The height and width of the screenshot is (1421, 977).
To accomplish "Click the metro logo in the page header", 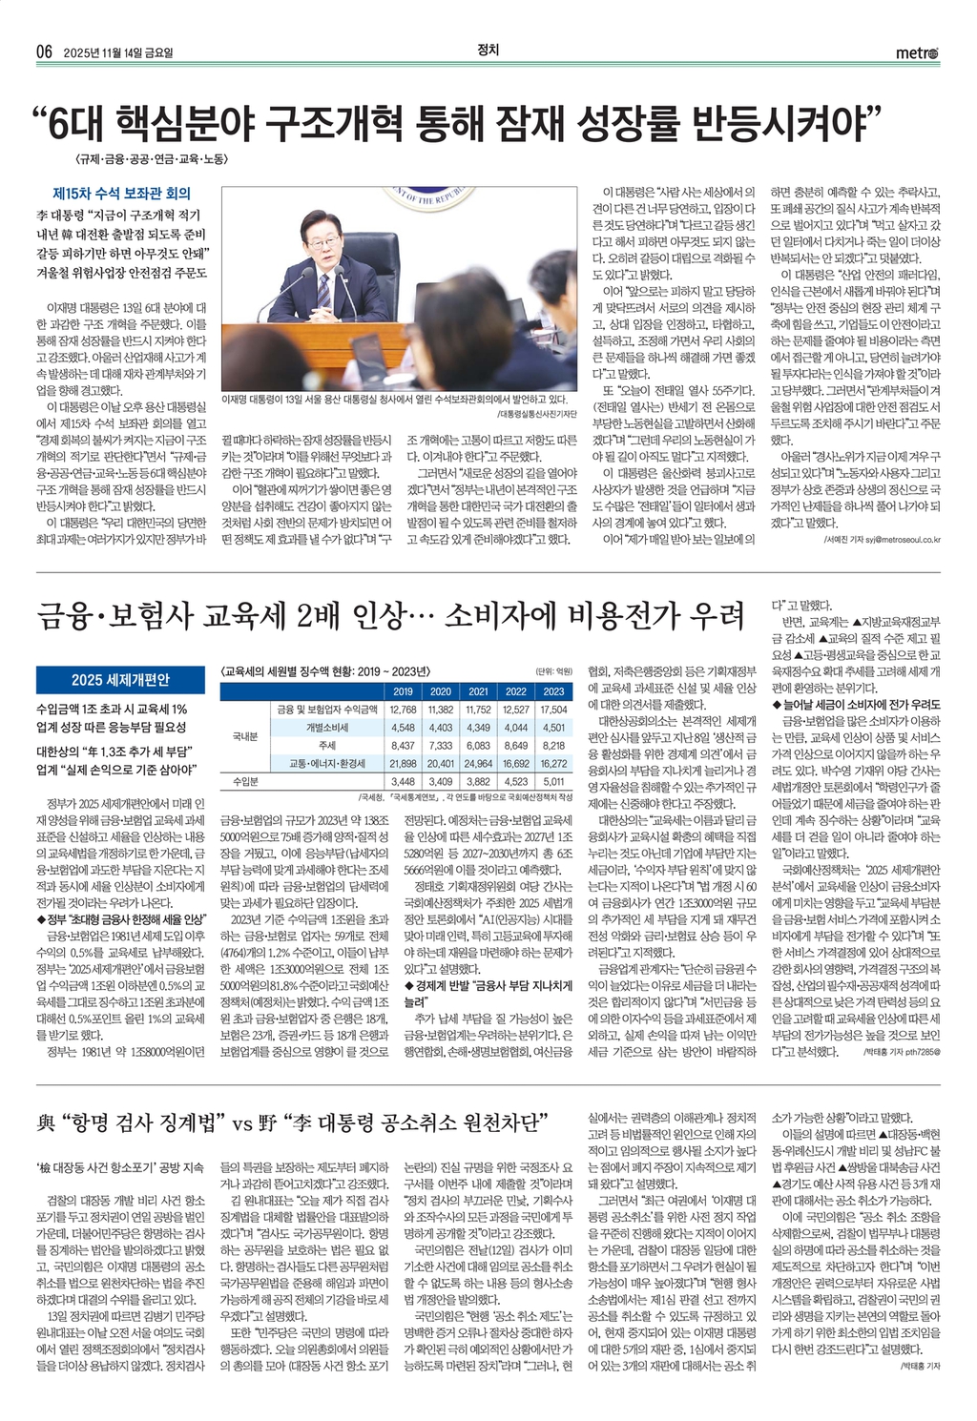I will click(917, 52).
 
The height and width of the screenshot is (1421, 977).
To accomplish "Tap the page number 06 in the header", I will click(44, 52).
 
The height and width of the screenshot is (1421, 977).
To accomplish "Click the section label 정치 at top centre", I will click(488, 51).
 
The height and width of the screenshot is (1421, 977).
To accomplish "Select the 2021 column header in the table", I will click(478, 691).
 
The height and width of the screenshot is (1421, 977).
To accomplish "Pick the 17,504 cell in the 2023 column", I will click(553, 710).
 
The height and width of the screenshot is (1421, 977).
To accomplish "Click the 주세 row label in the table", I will click(327, 746).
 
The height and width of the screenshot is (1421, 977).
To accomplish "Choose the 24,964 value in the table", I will click(478, 764).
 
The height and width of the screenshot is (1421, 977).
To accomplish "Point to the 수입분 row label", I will click(247, 782).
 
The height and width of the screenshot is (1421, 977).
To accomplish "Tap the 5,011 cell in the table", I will click(553, 782).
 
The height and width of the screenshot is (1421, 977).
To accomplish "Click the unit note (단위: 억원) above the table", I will click(554, 671).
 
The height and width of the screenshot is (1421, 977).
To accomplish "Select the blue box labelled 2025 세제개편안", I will click(120, 680).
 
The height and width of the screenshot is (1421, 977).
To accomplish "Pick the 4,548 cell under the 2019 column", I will click(403, 728).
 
